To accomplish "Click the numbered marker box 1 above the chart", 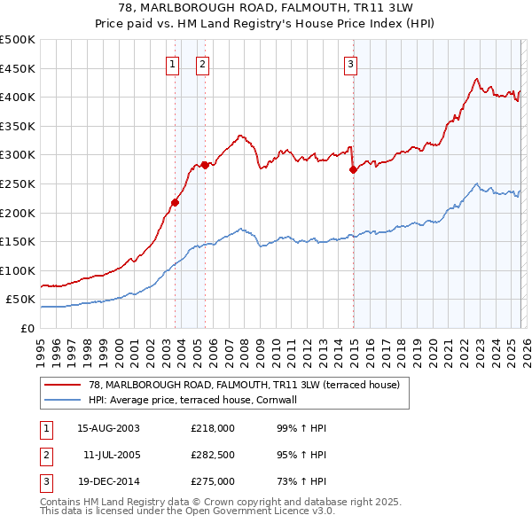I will [172, 63].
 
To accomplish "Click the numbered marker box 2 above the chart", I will [202, 63].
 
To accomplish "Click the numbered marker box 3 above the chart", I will [350, 63].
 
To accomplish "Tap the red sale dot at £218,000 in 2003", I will [175, 202].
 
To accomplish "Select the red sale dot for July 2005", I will [205, 164].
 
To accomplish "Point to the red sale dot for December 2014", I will [353, 168].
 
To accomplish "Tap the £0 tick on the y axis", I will [28, 328].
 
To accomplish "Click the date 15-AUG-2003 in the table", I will [109, 428].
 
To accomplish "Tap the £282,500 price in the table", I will [213, 455].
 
